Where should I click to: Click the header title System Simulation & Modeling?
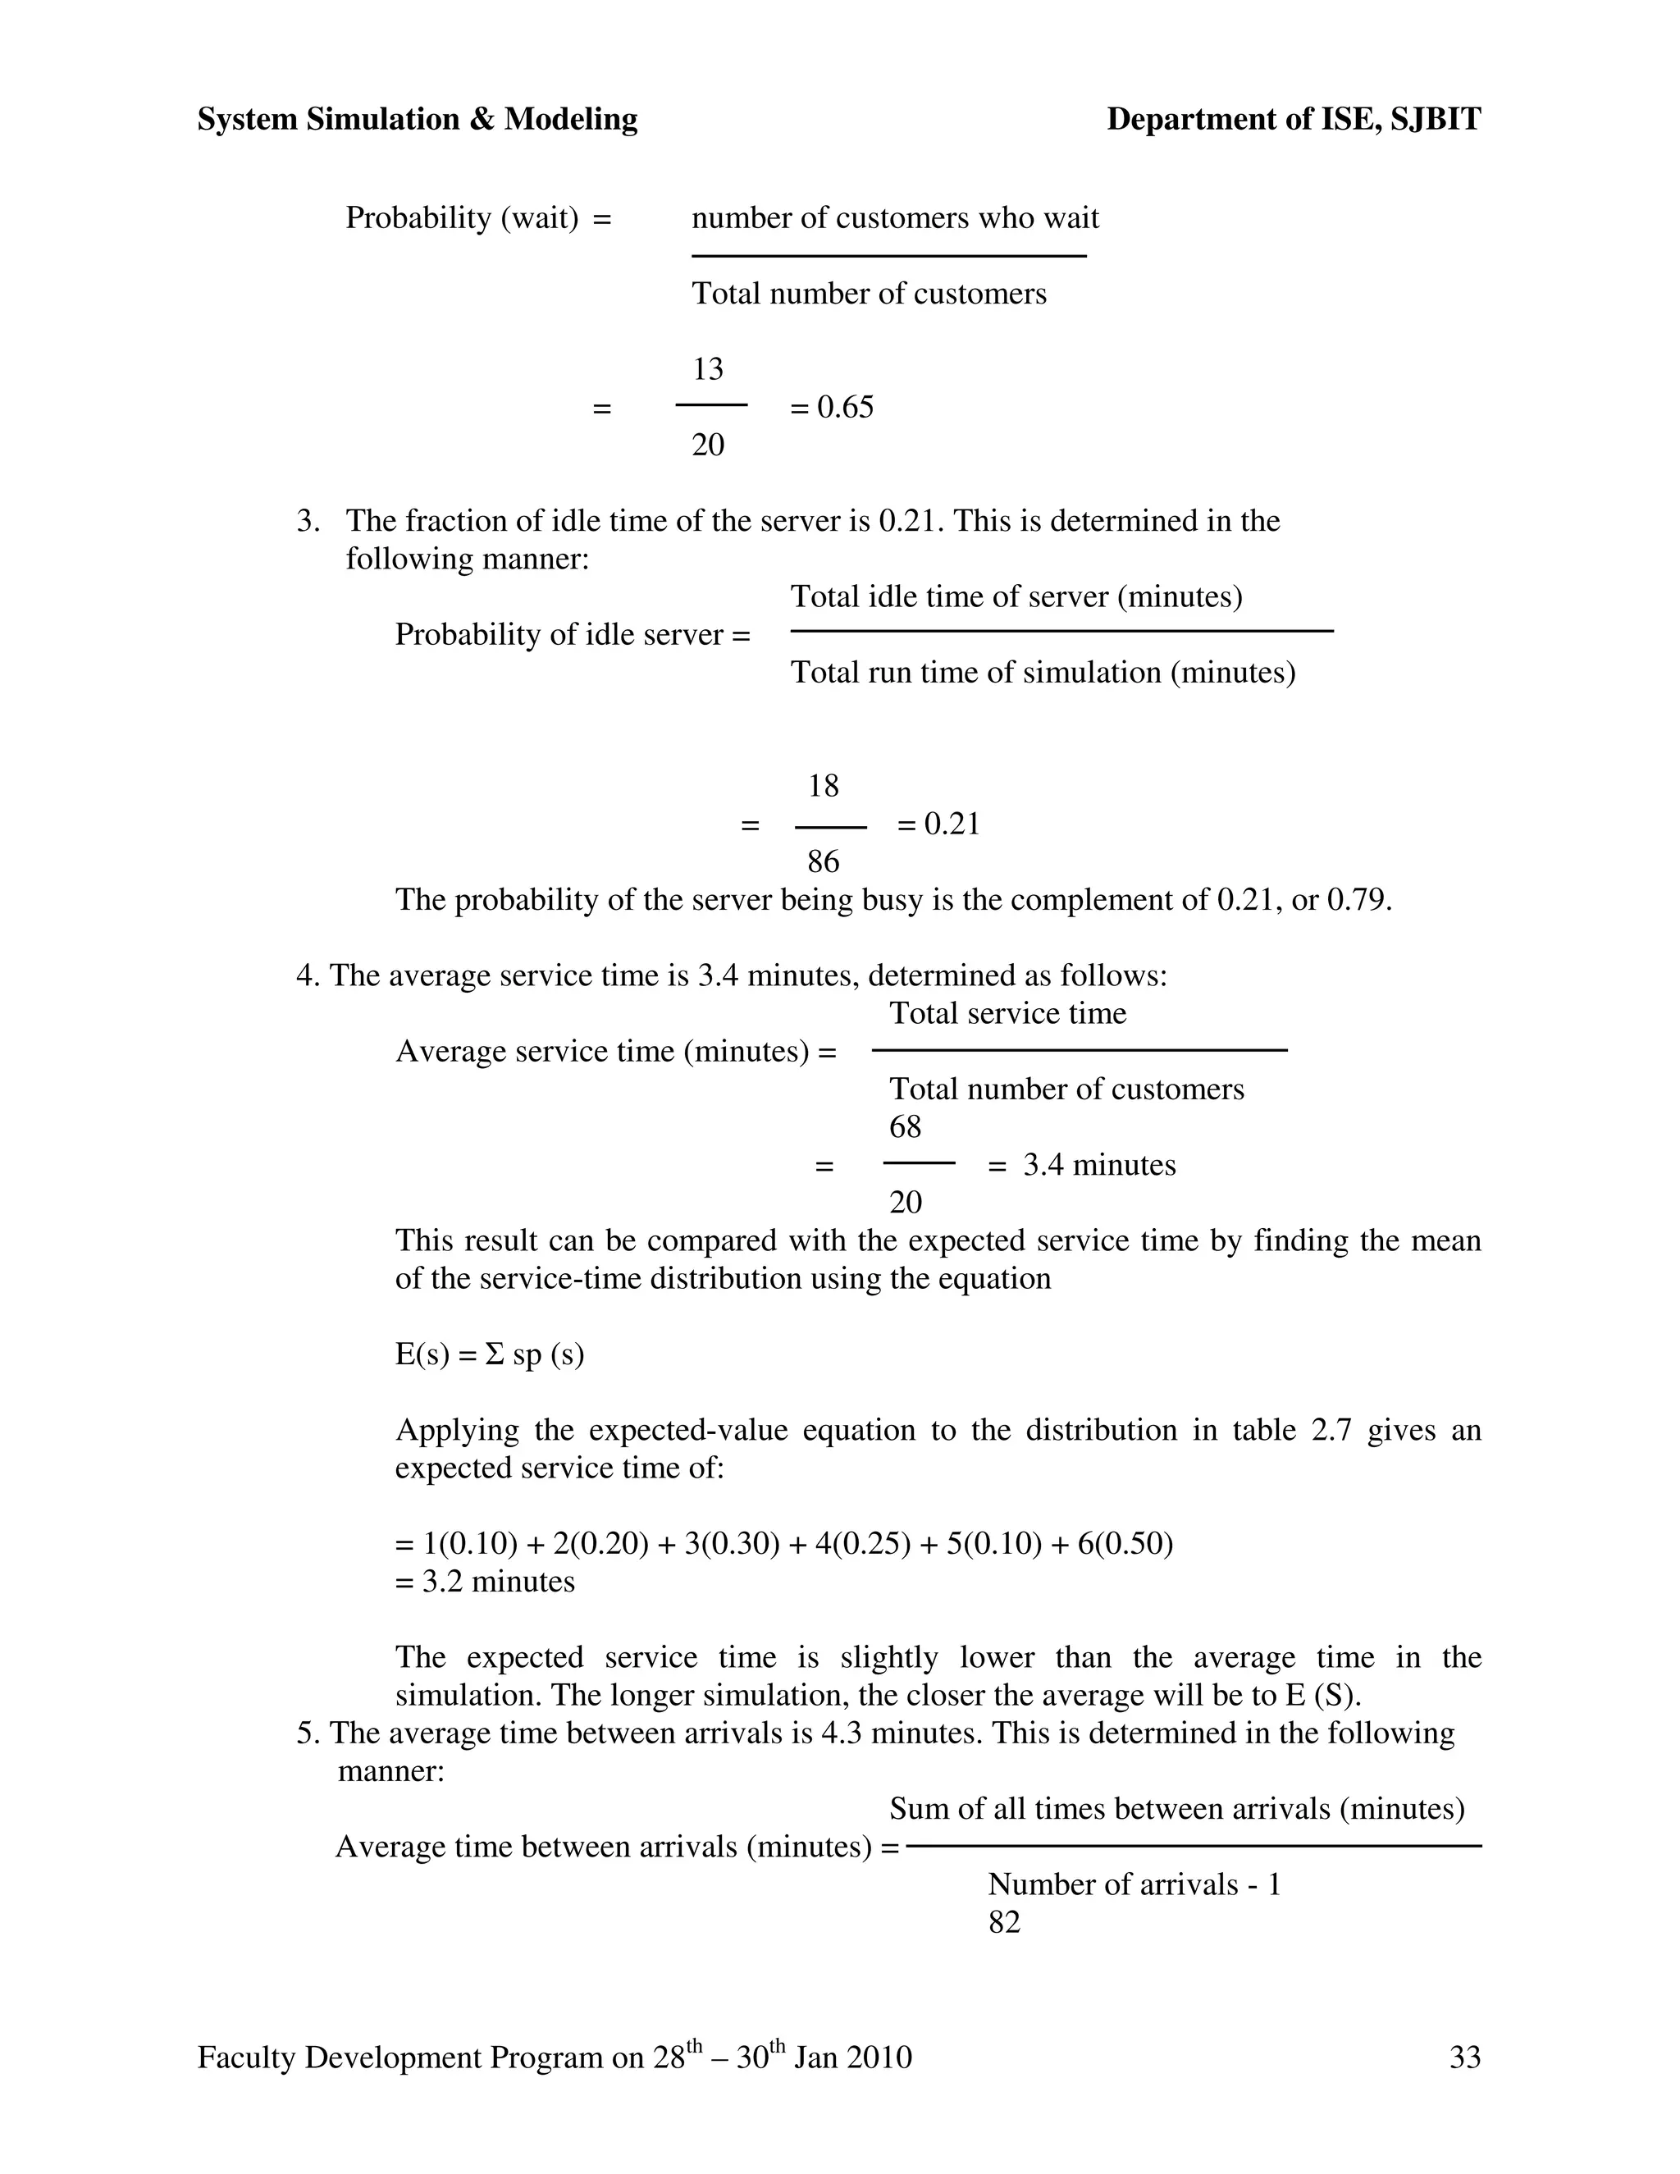tap(417, 120)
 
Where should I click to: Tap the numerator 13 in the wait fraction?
tap(708, 369)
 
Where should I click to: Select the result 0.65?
tap(845, 407)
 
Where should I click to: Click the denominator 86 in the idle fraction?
tap(823, 861)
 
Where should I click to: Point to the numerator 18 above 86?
tap(823, 787)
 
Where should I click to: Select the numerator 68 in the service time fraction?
tap(905, 1127)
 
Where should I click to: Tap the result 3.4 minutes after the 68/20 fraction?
tap(1098, 1165)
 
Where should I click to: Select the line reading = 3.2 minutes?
tap(485, 1582)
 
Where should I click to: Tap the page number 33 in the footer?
tap(1465, 2058)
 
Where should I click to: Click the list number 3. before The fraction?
tap(308, 521)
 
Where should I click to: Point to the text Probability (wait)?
tap(462, 218)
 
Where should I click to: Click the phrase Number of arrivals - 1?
tap(1134, 1884)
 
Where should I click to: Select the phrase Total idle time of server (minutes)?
tap(1016, 597)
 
